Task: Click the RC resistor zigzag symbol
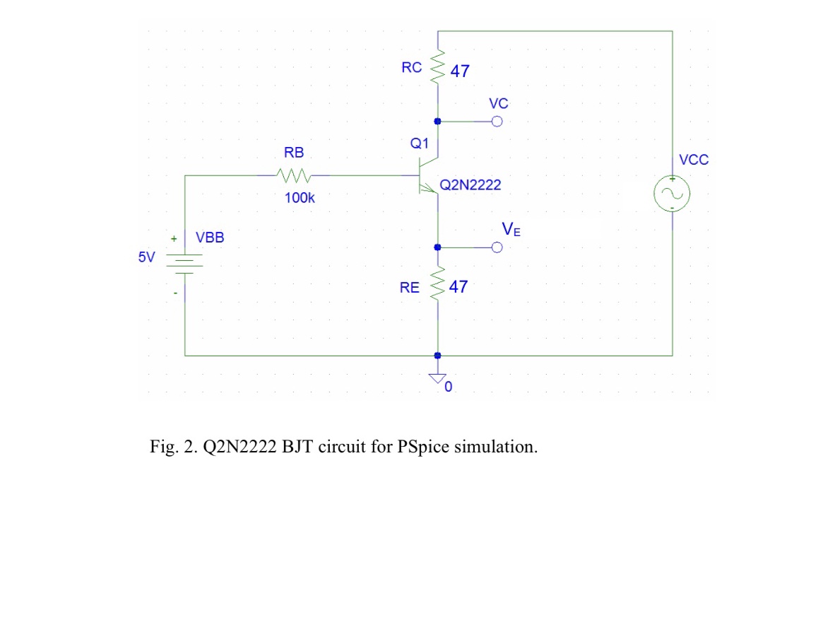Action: click(x=438, y=67)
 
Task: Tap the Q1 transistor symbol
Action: click(x=428, y=176)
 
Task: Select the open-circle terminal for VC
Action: click(x=497, y=122)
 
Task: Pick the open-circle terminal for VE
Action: click(x=497, y=247)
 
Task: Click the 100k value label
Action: click(x=300, y=198)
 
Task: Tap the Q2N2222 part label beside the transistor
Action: click(x=470, y=185)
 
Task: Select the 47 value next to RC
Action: click(x=459, y=71)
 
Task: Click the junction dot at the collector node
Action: click(x=438, y=122)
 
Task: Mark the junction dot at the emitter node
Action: click(x=438, y=247)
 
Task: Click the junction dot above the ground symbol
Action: click(x=438, y=356)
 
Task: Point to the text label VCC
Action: click(x=693, y=160)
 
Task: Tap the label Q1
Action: click(x=420, y=144)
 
